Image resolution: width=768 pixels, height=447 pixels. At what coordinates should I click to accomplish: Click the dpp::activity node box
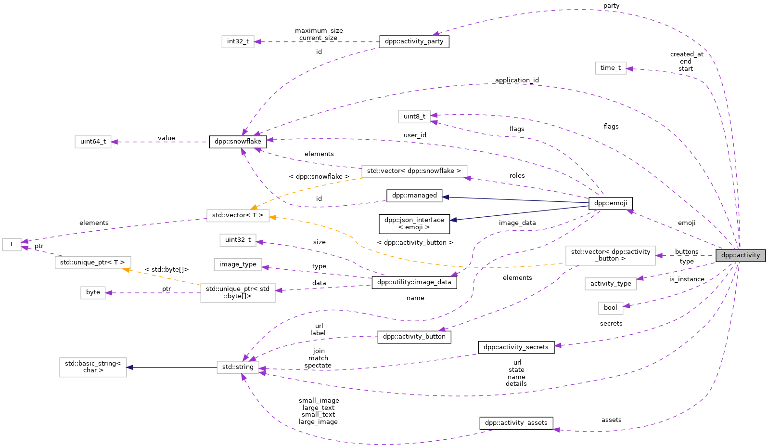pos(740,255)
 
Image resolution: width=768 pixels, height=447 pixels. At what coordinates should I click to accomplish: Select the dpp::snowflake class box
pos(238,142)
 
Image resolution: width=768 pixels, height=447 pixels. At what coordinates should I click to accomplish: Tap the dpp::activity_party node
pos(414,41)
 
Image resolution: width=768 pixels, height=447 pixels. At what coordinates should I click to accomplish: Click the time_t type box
pos(610,68)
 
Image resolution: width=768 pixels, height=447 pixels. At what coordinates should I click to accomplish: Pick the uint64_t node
pos(93,142)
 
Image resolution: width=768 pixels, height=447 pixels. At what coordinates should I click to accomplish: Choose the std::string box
pos(238,367)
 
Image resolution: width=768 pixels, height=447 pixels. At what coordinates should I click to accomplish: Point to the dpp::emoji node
pos(610,203)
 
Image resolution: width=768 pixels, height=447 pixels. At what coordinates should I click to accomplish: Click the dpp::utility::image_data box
pos(414,282)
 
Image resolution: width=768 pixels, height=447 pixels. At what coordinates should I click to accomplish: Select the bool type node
pos(610,308)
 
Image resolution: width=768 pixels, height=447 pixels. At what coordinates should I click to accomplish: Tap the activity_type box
pos(610,284)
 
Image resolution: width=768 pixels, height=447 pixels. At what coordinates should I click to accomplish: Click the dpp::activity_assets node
pos(516,423)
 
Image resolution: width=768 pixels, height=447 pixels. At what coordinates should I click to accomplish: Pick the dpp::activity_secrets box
pos(516,347)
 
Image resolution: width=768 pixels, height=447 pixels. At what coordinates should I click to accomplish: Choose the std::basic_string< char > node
pos(93,367)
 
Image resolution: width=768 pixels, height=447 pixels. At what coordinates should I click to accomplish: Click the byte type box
pos(93,292)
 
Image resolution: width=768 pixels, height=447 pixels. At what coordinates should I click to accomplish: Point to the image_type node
pos(238,264)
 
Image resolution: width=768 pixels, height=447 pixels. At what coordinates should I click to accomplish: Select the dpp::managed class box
pos(414,196)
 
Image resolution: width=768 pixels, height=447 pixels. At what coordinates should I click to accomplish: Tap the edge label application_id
pos(517,80)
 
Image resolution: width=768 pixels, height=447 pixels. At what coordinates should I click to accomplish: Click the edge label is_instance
pos(686,279)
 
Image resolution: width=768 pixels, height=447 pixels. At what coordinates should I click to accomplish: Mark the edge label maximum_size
pos(319,31)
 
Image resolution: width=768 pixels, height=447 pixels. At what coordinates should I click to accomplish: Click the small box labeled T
pos(12,244)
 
